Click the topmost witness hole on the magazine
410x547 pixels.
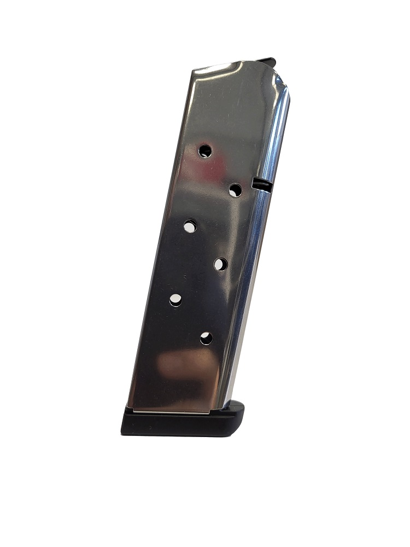point(205,150)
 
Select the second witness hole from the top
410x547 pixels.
point(236,190)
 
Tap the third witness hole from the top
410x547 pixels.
point(190,226)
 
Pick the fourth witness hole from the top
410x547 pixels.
point(220,264)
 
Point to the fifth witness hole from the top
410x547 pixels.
point(175,300)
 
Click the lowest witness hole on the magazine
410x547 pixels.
point(206,338)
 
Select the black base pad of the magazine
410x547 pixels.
point(180,424)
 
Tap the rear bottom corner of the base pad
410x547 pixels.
point(123,432)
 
